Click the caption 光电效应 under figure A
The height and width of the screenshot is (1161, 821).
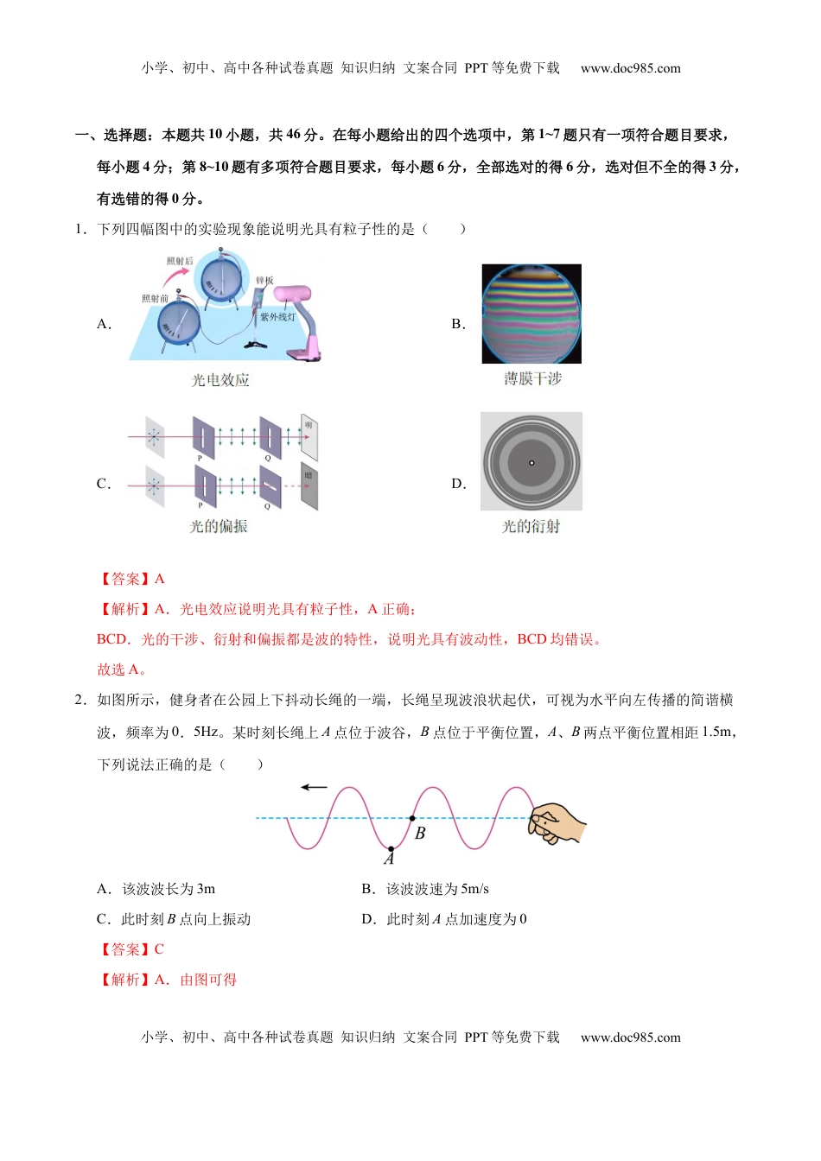point(220,380)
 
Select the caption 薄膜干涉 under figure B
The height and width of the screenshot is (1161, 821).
point(532,378)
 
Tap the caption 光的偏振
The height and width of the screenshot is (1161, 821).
point(219,526)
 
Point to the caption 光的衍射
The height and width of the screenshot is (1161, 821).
point(531,526)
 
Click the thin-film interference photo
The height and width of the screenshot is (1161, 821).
point(531,314)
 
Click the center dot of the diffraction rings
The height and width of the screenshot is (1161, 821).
point(531,463)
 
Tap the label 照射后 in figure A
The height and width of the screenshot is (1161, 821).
point(180,261)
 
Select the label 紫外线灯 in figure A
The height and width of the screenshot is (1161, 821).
point(278,317)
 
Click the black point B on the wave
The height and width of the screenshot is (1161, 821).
point(412,817)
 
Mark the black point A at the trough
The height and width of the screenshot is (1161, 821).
point(391,849)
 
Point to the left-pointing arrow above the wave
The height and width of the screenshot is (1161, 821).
point(314,787)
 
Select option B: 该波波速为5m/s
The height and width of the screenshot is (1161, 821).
point(425,889)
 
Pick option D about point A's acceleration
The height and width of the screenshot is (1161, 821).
point(444,919)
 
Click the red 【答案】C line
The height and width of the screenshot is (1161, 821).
point(131,949)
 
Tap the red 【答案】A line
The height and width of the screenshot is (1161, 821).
point(131,579)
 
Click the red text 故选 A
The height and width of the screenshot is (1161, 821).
point(122,669)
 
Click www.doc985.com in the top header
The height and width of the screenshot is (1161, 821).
point(630,68)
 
